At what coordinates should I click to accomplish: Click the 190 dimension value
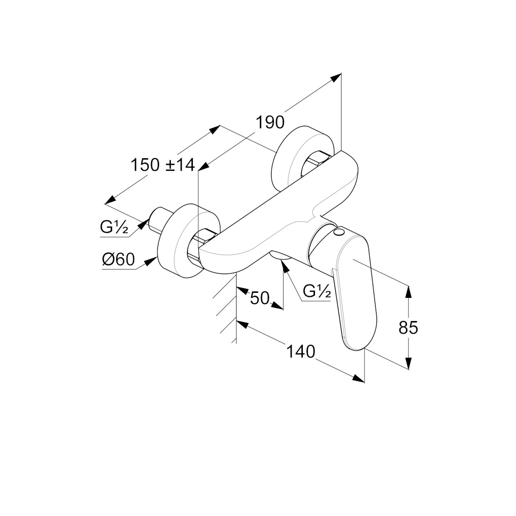pos(270,122)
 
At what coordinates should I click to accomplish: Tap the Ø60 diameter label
pos(118,259)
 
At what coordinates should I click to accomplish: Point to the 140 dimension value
pos(301,351)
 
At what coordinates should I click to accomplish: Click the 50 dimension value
pos(259,298)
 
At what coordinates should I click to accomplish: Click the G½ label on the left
pos(114,227)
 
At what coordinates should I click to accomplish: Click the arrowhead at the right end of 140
pos(359,378)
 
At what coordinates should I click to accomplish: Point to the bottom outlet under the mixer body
pos(281,256)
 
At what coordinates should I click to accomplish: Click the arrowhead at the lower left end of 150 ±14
pos(110,199)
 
